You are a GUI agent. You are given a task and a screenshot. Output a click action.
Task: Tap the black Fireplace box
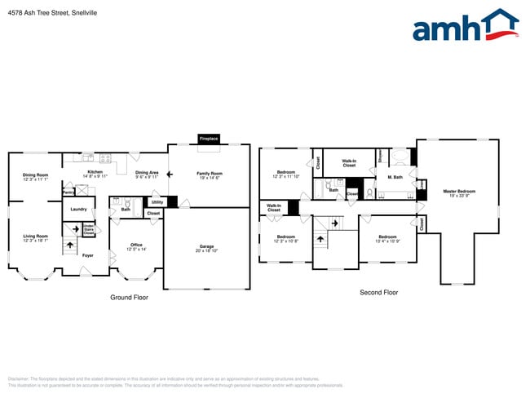pos(209,139)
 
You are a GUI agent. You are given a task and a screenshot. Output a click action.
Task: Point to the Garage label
pos(206,247)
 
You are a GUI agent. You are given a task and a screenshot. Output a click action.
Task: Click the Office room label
pos(136,246)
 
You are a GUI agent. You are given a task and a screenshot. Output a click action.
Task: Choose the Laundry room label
pos(78,210)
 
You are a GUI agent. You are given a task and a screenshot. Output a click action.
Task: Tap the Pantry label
pos(68,192)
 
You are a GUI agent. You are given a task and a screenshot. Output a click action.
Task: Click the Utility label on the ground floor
pos(157,201)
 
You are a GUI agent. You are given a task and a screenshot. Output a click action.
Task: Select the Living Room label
pos(35,237)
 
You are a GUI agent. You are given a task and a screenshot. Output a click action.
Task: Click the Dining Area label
pos(147,174)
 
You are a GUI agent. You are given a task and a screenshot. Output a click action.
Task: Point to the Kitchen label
pos(95,173)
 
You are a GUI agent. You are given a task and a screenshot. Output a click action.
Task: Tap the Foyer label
pos(88,256)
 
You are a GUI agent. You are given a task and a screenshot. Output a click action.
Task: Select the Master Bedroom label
pos(459,192)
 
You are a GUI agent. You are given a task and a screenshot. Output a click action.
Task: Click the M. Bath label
pos(395,177)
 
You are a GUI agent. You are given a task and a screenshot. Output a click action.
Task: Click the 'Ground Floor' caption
pos(129,298)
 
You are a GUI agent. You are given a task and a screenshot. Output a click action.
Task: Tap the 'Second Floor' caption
pos(378,292)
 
